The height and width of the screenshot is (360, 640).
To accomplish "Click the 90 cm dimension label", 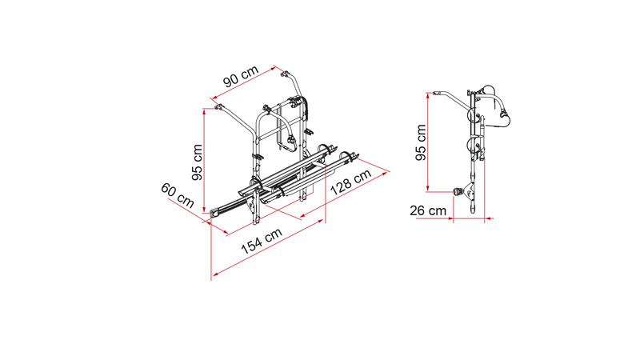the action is tap(242, 76).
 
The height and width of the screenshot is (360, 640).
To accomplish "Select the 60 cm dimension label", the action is tap(178, 195).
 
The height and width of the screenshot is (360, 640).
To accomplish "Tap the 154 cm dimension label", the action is tap(262, 242).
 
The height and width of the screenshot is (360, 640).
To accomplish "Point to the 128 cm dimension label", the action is tap(350, 182).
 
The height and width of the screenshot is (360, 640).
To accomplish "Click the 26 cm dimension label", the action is tap(428, 210).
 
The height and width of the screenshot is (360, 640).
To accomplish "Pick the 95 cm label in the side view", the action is tap(421, 142).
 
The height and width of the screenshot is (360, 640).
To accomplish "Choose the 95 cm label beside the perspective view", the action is tap(197, 162).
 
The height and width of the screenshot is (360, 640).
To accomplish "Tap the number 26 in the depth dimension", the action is tap(418, 210).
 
